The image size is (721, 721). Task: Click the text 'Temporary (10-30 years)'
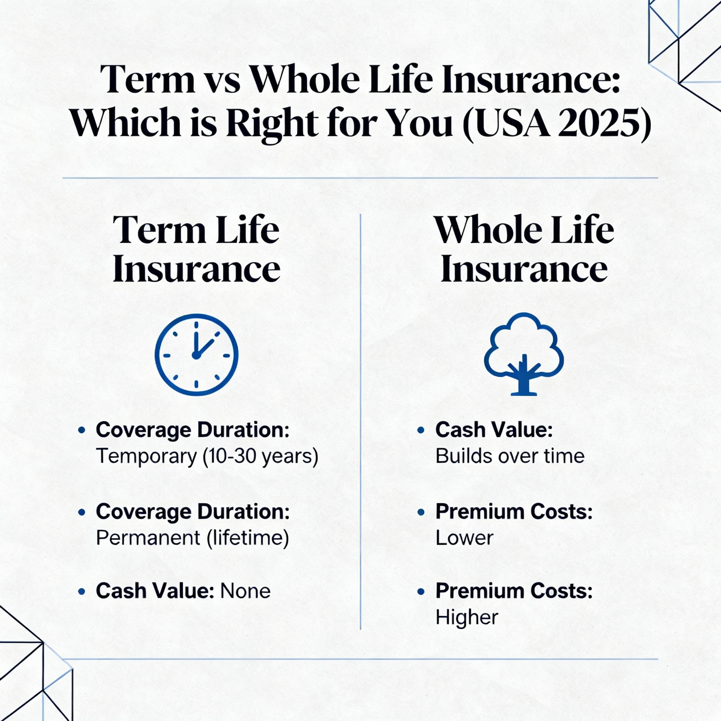click(207, 456)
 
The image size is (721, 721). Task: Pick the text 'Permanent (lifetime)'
click(193, 538)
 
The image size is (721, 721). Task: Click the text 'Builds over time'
click(510, 456)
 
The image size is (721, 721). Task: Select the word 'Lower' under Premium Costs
click(464, 538)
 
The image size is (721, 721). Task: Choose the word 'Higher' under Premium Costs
click(467, 617)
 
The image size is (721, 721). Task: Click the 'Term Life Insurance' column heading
click(196, 249)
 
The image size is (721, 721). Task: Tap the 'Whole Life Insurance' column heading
click(524, 249)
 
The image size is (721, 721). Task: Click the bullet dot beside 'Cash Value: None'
click(81, 592)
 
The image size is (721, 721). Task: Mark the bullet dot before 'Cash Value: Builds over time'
click(421, 430)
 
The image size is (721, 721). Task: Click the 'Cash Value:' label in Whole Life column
click(494, 430)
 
